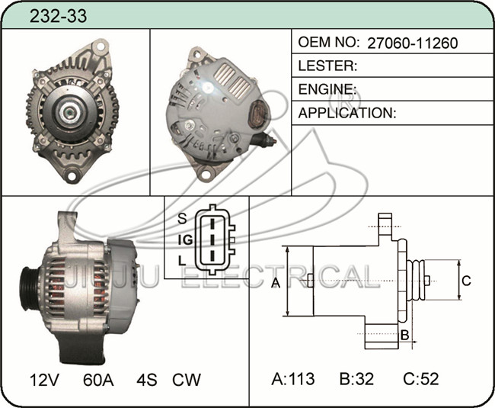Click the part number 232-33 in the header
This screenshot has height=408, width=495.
coord(58,16)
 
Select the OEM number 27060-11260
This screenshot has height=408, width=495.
coord(413,43)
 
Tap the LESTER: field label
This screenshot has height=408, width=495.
coord(327,66)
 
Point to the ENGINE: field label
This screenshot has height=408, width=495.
coord(327,89)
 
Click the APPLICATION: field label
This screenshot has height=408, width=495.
coord(347,113)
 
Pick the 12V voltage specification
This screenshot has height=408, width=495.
coord(44,380)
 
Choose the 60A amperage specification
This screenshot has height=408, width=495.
coord(98,380)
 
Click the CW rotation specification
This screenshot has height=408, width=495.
coord(187,380)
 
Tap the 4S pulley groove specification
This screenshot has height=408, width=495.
coord(147,380)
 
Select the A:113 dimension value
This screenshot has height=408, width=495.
coord(293,378)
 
